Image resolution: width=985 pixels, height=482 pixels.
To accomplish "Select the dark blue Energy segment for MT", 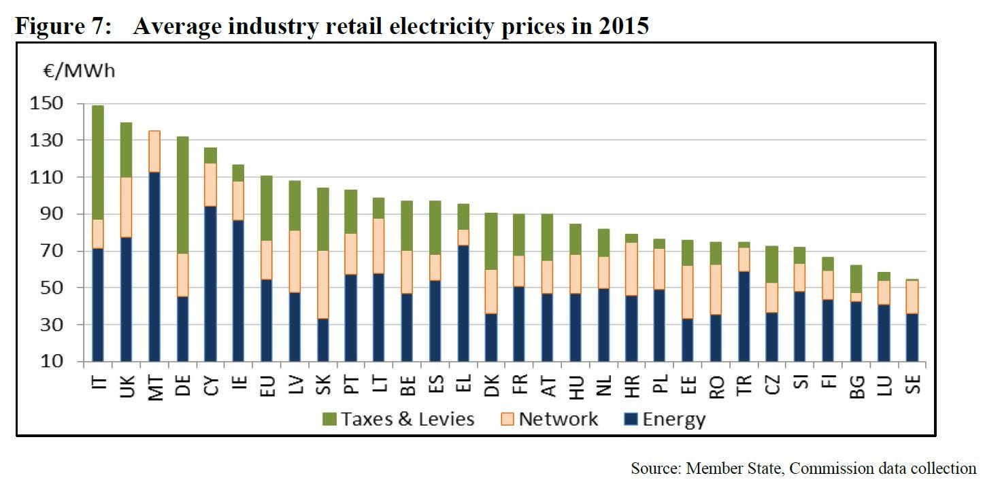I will [154, 266].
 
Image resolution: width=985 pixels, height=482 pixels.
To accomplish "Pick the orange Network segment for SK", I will [323, 285].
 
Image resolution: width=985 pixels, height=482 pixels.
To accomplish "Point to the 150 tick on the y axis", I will [55, 103].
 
